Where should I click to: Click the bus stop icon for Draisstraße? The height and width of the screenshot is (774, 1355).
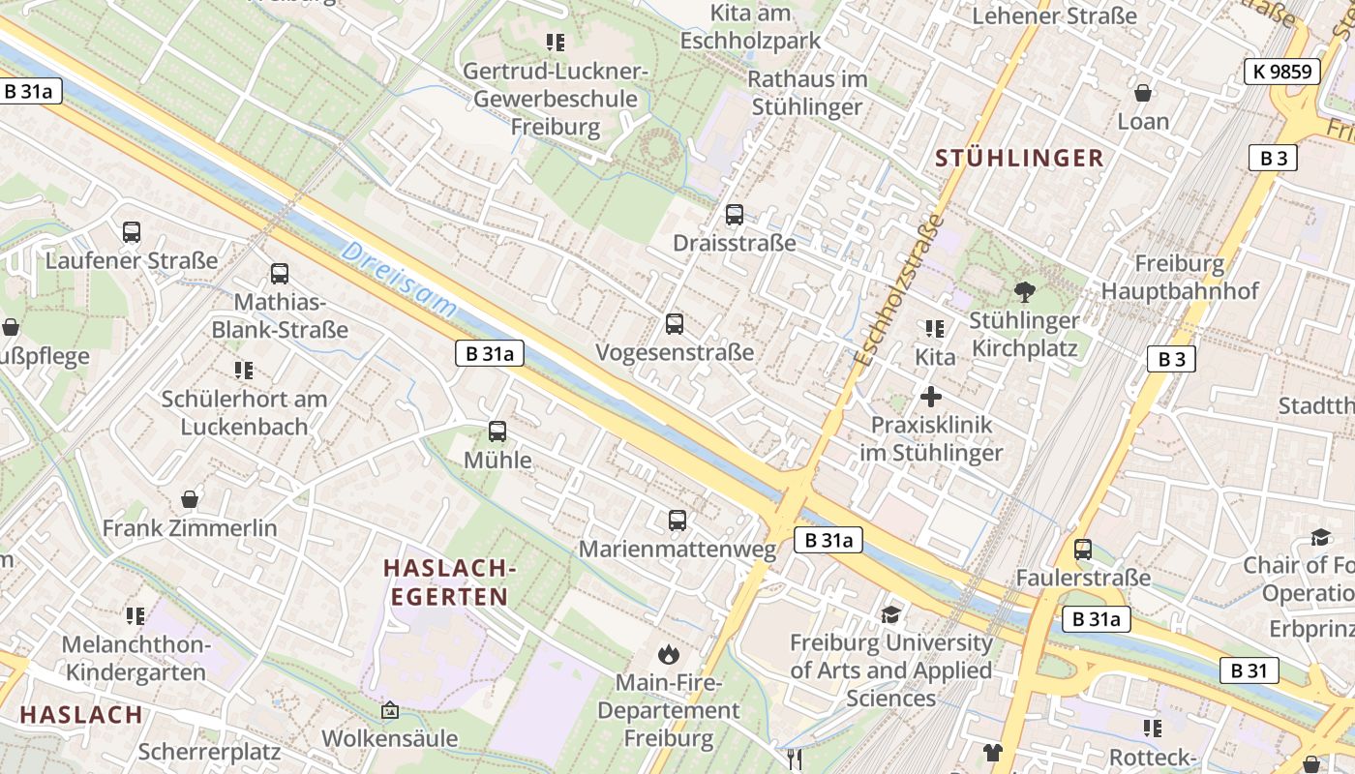click(735, 215)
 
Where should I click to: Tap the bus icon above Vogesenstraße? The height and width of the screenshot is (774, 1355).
click(675, 324)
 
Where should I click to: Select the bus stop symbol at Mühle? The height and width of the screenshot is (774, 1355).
click(497, 432)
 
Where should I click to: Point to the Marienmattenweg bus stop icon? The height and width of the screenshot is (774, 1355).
click(677, 521)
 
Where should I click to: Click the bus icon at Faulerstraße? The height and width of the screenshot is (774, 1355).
click(1083, 550)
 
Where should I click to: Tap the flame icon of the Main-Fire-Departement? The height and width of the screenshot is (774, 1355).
click(668, 655)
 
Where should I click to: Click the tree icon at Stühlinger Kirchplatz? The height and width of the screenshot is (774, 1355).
click(1024, 291)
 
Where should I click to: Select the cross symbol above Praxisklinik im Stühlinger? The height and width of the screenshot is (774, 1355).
click(931, 397)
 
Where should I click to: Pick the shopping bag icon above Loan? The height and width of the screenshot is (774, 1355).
click(1143, 93)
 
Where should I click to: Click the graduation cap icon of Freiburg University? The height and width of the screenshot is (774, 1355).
click(890, 614)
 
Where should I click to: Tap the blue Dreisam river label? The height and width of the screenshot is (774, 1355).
click(399, 281)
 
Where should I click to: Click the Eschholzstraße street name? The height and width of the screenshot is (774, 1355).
click(899, 289)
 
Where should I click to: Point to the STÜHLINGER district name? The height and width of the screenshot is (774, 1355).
click(1019, 159)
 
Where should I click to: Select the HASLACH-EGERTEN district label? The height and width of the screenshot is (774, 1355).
click(449, 582)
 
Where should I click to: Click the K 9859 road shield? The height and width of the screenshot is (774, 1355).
click(1281, 71)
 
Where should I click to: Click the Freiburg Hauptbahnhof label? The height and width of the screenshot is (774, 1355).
click(1179, 277)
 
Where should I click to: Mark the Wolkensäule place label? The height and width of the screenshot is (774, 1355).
click(390, 738)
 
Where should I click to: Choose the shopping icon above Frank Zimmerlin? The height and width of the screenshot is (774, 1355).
click(190, 499)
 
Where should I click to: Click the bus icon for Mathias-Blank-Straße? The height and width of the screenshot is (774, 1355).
click(280, 274)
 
